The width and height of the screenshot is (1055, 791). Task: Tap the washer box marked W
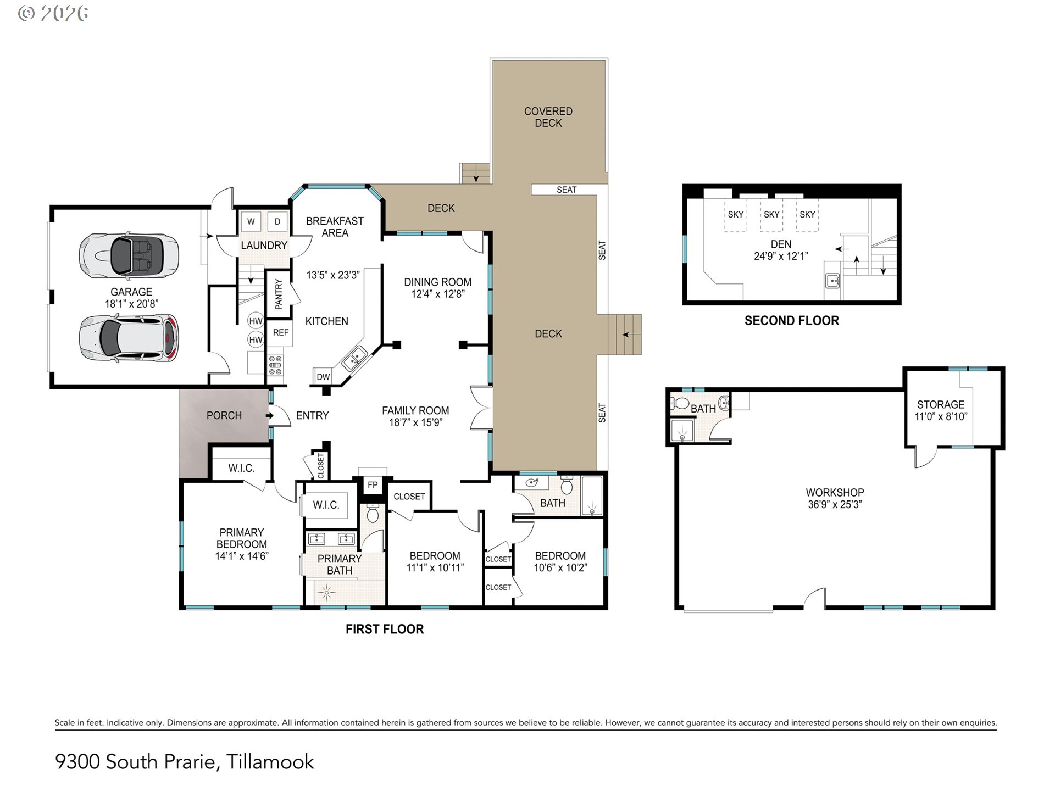coord(251,222)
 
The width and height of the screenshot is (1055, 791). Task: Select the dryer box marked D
coord(277,222)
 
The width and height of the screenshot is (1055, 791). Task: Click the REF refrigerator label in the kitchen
coord(281,332)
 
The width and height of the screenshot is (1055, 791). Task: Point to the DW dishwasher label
coord(323,377)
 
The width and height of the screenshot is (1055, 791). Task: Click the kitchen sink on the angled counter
coord(354,359)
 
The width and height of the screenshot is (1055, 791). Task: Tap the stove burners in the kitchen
coord(275,365)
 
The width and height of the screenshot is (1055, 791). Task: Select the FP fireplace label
coord(373,484)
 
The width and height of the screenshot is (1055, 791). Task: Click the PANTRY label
coord(279,294)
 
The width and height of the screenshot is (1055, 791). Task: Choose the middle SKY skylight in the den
coord(771,215)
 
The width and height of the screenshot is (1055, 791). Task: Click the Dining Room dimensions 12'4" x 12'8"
coord(438,294)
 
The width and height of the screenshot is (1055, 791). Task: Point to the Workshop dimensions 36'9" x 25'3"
coord(835,504)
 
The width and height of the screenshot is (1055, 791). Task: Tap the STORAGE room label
coord(941,404)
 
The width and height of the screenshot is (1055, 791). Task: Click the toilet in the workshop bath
coord(680,403)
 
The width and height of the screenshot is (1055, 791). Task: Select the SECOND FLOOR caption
coord(792,321)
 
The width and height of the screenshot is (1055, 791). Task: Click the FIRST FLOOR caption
coord(385,630)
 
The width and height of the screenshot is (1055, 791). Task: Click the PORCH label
coord(224,415)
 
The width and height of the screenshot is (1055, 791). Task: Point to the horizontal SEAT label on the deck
coord(567,190)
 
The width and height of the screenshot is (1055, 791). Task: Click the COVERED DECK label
coord(548,117)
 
